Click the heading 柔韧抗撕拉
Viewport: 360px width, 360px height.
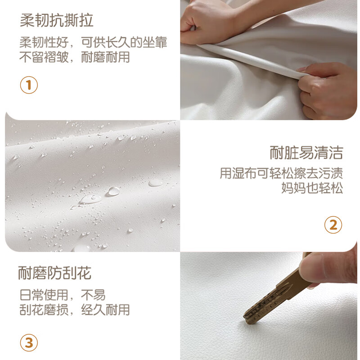click(57, 20)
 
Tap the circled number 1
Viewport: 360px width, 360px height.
click(29, 85)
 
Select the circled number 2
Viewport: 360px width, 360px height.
click(333, 225)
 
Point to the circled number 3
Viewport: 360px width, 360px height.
click(29, 343)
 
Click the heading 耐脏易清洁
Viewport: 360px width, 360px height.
click(306, 153)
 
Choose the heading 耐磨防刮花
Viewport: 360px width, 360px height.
click(54, 273)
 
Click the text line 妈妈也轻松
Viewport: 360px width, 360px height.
click(312, 188)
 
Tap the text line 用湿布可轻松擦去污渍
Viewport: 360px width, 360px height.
click(282, 173)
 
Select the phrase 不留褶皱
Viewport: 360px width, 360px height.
click(44, 57)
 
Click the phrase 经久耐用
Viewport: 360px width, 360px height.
click(106, 310)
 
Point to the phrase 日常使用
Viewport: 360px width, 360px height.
click(44, 295)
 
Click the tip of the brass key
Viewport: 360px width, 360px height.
click(246, 319)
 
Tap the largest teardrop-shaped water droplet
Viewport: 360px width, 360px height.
click(90, 199)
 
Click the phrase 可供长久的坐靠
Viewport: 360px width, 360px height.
click(124, 42)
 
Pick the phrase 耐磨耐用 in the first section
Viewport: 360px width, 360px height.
click(106, 57)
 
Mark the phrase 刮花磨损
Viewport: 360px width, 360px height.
click(44, 310)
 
